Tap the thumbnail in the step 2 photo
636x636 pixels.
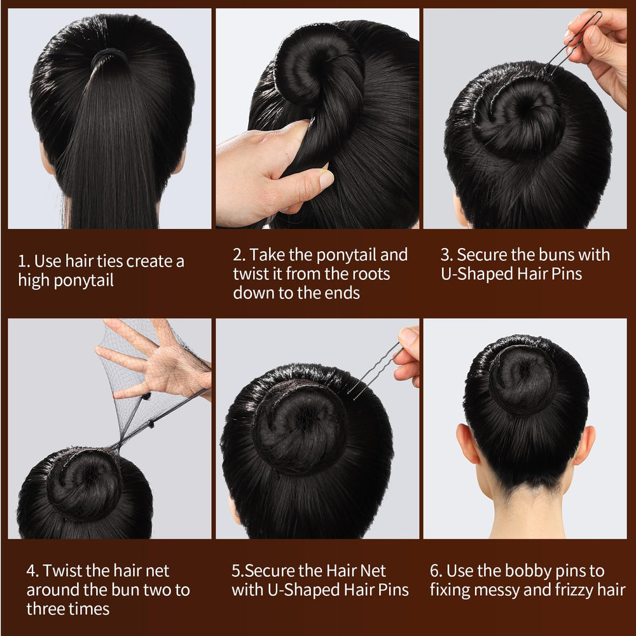pyautogui.click(x=326, y=179)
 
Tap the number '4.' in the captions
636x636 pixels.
pyautogui.click(x=33, y=570)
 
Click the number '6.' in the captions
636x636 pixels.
pyautogui.click(x=436, y=571)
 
